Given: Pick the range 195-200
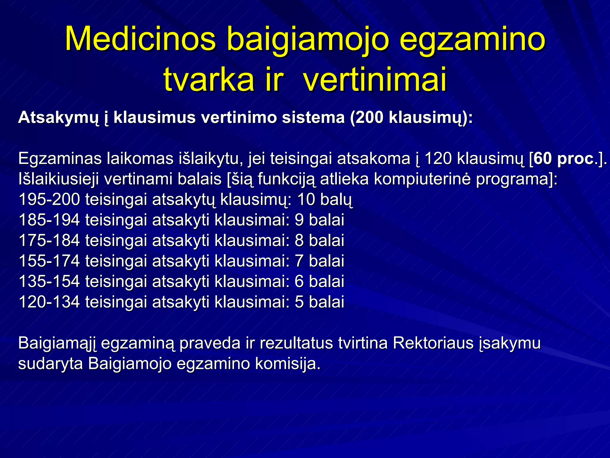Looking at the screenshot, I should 49,199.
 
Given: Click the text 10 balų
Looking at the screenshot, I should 325,199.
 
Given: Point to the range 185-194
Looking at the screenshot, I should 49,220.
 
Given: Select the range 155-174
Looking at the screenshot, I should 49,261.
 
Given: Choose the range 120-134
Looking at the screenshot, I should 49,302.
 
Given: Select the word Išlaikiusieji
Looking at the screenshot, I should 58,179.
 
